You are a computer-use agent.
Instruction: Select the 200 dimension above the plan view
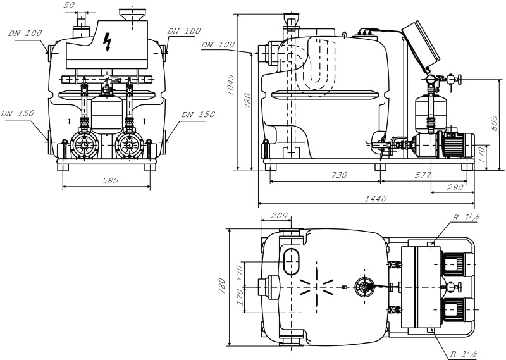pyautogui.click(x=277, y=216)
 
